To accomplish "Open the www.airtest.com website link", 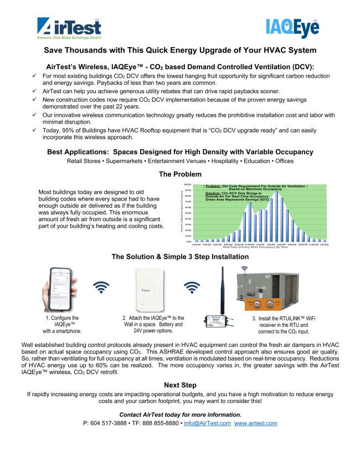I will point(256,423).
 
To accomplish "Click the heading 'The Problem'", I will point(179,174).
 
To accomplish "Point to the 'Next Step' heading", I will point(179,385).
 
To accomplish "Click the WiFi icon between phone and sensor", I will point(101,287).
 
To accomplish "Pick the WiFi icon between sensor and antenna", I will point(192,287).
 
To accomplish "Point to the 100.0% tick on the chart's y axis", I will point(187,185).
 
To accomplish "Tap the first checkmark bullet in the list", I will point(34,75).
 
